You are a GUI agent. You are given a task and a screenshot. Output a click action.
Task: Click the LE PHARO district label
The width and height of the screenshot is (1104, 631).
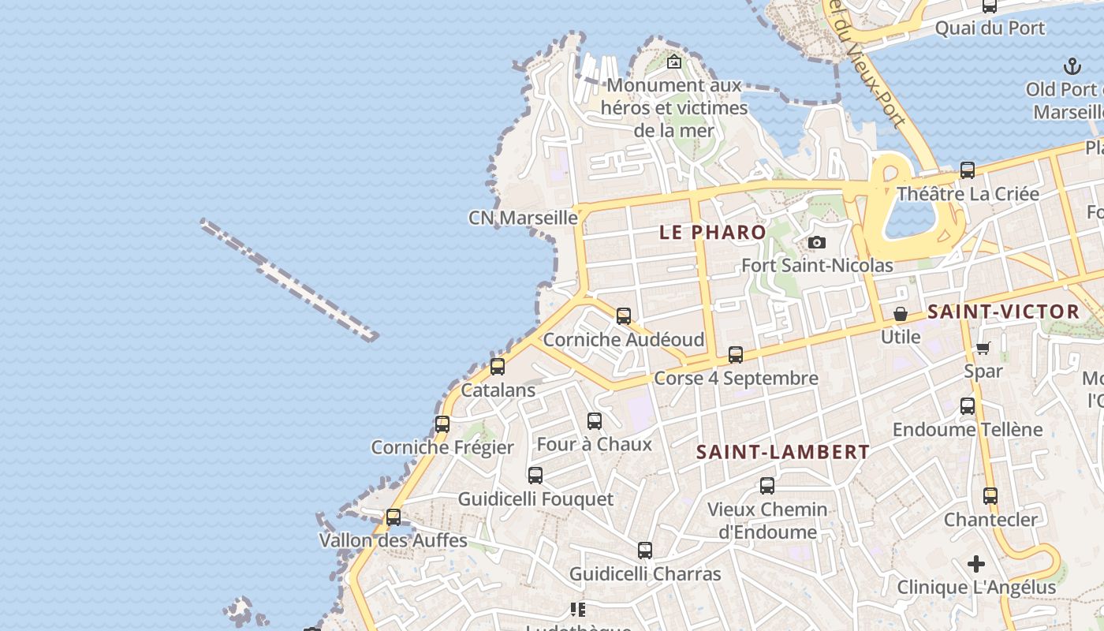713,232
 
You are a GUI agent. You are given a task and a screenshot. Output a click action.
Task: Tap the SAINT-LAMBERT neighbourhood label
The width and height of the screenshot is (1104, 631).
783,452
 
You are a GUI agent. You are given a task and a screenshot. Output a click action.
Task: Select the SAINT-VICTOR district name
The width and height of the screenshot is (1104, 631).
1003,312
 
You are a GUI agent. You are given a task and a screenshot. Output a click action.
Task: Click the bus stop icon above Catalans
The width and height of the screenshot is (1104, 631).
498,367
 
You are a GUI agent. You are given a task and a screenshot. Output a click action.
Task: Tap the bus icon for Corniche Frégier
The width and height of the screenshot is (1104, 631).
442,424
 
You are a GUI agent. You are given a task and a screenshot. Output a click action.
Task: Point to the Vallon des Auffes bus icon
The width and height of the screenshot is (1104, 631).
393,517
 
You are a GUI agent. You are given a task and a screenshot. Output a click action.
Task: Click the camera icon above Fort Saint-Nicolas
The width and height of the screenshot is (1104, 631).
817,242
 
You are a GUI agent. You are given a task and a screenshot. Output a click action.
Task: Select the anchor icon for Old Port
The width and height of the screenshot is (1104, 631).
1072,65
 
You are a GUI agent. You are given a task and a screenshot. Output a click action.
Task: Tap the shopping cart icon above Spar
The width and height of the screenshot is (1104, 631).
983,348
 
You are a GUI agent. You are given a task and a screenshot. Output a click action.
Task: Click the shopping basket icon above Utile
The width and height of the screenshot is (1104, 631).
901,314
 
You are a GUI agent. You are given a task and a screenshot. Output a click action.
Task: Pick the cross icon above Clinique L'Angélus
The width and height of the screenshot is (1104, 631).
976,564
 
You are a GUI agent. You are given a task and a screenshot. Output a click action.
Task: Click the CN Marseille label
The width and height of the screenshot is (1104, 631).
523,218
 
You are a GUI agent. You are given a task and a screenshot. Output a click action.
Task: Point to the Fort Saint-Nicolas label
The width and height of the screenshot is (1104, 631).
817,266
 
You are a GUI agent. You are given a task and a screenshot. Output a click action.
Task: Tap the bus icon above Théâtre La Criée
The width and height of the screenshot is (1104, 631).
968,170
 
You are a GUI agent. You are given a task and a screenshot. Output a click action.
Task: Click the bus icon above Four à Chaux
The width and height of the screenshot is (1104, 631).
595,421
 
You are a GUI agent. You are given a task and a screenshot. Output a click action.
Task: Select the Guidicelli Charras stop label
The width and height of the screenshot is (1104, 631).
645,573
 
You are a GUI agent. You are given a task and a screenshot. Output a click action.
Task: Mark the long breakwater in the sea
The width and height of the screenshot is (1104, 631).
289,280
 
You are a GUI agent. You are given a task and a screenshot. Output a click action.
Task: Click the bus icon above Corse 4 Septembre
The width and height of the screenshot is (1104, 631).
736,355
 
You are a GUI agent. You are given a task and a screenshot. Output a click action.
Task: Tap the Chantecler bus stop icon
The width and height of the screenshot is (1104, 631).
990,496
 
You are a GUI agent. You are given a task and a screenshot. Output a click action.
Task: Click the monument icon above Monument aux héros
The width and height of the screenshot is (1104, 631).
674,62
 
